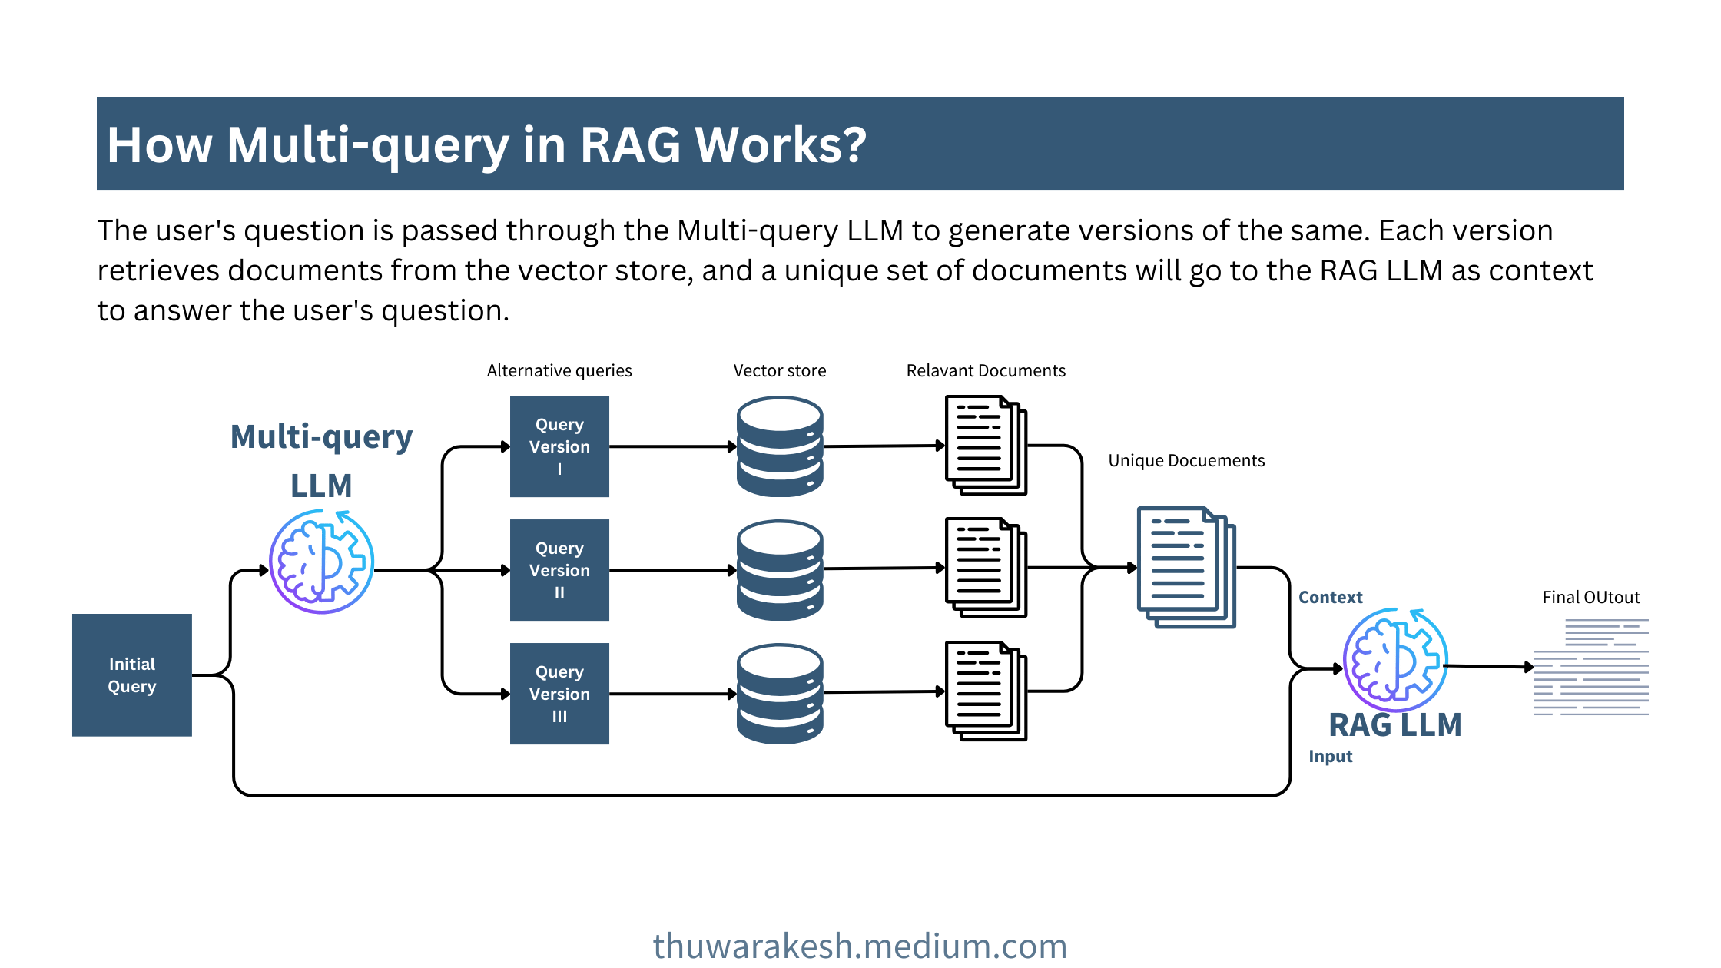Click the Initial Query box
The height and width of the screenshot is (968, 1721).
coord(131,675)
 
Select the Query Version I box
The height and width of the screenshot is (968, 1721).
coord(559,446)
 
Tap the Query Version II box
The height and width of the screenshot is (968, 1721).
coord(559,570)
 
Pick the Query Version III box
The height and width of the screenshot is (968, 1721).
coord(559,694)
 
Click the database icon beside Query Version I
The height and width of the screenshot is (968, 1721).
coord(780,446)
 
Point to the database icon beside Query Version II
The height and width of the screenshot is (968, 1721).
coord(780,570)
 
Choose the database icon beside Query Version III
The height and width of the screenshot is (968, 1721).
coord(780,694)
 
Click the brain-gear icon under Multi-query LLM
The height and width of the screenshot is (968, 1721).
coord(322,562)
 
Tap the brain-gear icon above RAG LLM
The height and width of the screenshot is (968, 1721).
coord(1395,660)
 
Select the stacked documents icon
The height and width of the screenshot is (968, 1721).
coord(1186,567)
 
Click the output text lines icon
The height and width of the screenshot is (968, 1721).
coord(1591,667)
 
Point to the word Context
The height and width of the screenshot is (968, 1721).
coord(1330,597)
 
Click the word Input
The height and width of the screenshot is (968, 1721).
coord(1331,757)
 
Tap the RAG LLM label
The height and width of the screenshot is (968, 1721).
coord(1395,724)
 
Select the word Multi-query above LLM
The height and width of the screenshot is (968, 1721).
coord(322,437)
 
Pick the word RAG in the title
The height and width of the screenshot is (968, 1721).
coord(630,144)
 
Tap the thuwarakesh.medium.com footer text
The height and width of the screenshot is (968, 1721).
coord(860,946)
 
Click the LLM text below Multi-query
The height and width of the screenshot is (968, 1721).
coord(321,486)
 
